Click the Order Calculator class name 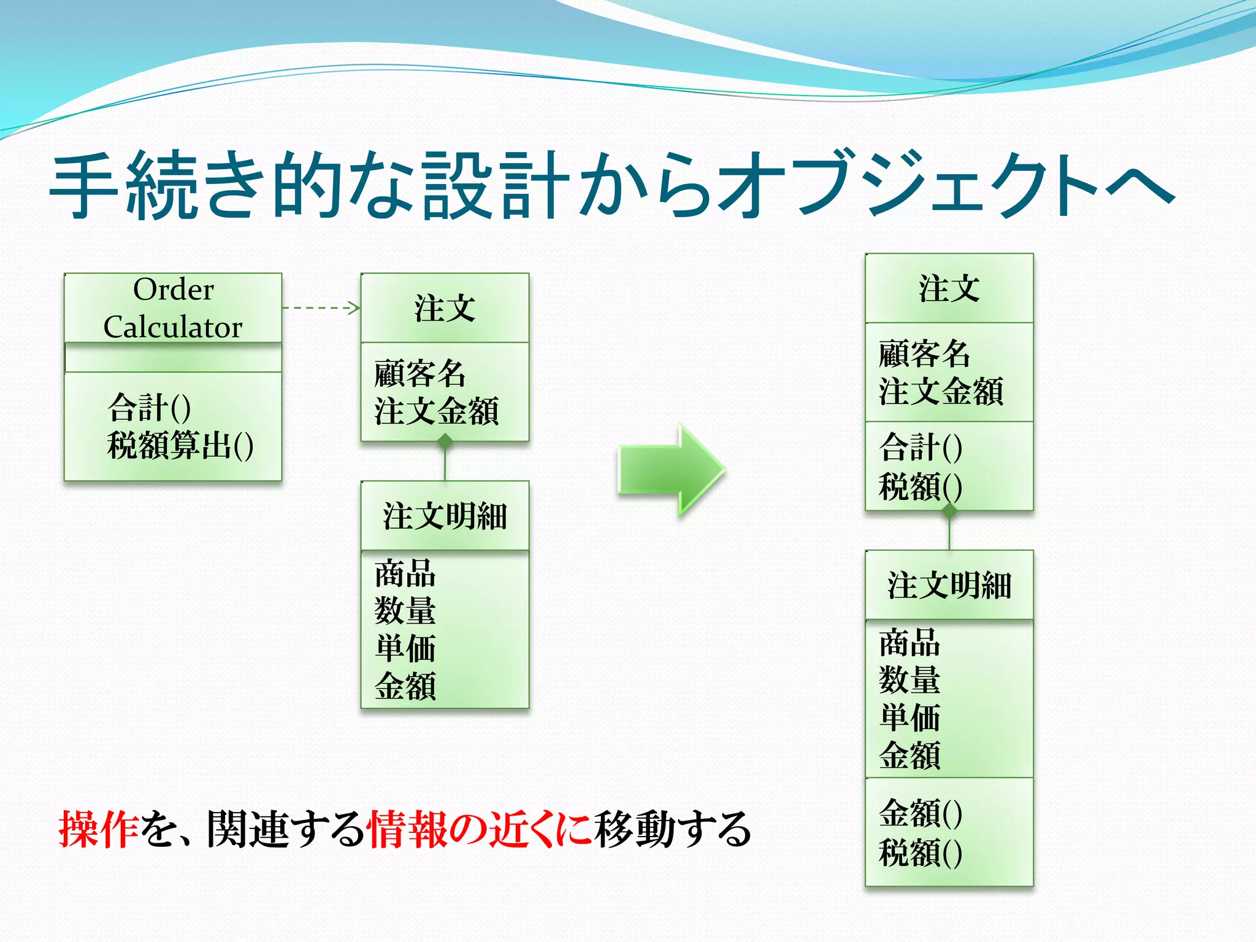pyautogui.click(x=173, y=308)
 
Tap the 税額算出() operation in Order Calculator pyautogui.click(x=180, y=445)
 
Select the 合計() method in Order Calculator pyautogui.click(x=149, y=408)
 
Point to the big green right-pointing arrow pyautogui.click(x=671, y=469)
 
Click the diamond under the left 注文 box pyautogui.click(x=445, y=441)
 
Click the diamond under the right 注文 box pyautogui.click(x=949, y=510)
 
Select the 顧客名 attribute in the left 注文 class pyautogui.click(x=420, y=373)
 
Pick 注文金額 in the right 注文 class pyautogui.click(x=941, y=392)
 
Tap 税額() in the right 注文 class pyautogui.click(x=920, y=487)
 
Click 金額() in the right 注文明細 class pyautogui.click(x=920, y=813)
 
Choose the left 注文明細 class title pyautogui.click(x=445, y=516)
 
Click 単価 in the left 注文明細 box pyautogui.click(x=405, y=648)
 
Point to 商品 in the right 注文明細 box pyautogui.click(x=909, y=643)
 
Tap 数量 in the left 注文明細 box pyautogui.click(x=405, y=611)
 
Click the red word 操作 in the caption pyautogui.click(x=98, y=829)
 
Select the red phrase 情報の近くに pyautogui.click(x=479, y=829)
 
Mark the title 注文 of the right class pyautogui.click(x=949, y=288)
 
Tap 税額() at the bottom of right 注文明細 pyautogui.click(x=920, y=852)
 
